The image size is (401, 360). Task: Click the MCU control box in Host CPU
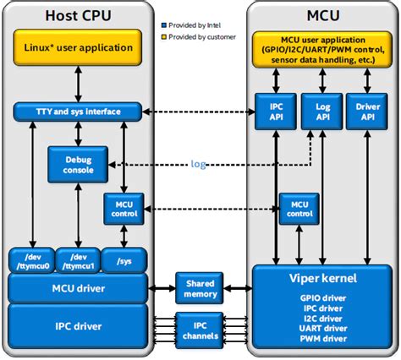tap(123, 208)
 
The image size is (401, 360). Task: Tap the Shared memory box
tap(200, 287)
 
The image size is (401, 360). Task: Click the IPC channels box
tap(200, 326)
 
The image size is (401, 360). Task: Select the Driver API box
tap(368, 112)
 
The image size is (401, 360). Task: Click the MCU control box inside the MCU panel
tap(298, 208)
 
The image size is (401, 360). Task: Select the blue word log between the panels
tap(198, 164)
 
